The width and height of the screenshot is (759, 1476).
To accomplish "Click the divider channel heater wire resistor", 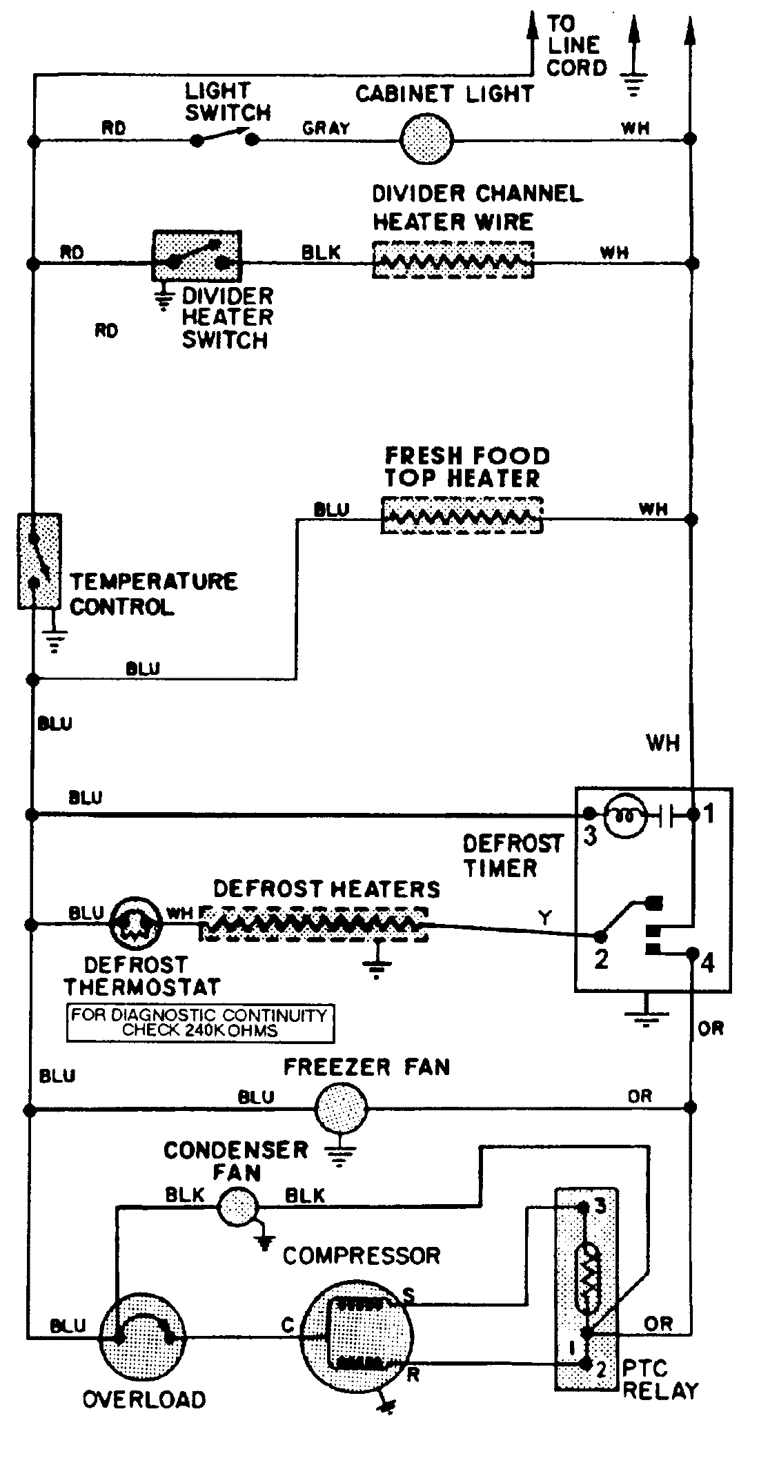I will click(453, 260).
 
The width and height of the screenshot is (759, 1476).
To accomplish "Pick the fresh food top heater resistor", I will click(462, 516).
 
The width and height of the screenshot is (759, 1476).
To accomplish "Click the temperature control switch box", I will click(39, 561).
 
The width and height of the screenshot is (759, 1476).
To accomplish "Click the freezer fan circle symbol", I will click(341, 1109).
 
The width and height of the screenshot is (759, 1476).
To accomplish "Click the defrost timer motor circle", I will click(624, 816).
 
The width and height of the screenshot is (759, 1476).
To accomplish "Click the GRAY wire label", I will click(326, 128).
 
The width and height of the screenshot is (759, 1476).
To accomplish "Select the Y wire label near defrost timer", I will click(545, 918).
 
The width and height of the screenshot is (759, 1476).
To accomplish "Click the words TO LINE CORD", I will click(576, 46).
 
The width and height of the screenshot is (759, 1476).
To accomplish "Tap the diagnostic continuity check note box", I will click(200, 1023).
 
